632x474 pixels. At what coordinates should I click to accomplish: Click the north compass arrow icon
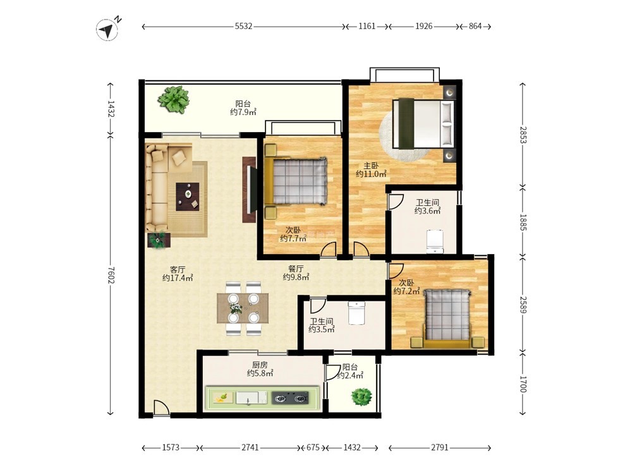click(x=107, y=29)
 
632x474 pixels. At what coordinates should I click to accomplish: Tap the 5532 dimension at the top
click(x=243, y=26)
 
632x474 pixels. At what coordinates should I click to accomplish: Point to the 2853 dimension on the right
click(x=523, y=135)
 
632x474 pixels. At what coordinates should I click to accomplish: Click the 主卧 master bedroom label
click(x=371, y=166)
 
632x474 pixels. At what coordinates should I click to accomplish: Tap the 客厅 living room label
click(x=178, y=269)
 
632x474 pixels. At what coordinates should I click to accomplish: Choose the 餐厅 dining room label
click(x=296, y=269)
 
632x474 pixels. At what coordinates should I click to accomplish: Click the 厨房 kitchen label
click(x=260, y=365)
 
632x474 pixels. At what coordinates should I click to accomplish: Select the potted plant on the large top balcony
click(x=174, y=99)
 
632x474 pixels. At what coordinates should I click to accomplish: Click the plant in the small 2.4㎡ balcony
click(x=361, y=397)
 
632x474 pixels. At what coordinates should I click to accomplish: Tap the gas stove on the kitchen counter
click(x=290, y=398)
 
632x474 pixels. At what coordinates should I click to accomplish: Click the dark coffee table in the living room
click(x=188, y=197)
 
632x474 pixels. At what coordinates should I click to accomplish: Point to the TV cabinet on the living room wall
click(x=249, y=190)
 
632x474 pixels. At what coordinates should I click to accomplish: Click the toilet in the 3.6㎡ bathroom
click(x=435, y=241)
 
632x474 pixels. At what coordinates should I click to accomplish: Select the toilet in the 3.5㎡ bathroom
click(x=356, y=313)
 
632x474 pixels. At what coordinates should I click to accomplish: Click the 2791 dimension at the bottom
click(x=440, y=447)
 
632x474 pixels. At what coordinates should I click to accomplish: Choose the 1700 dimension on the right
click(x=523, y=384)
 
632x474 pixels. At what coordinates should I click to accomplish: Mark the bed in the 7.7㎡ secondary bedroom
click(x=296, y=181)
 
